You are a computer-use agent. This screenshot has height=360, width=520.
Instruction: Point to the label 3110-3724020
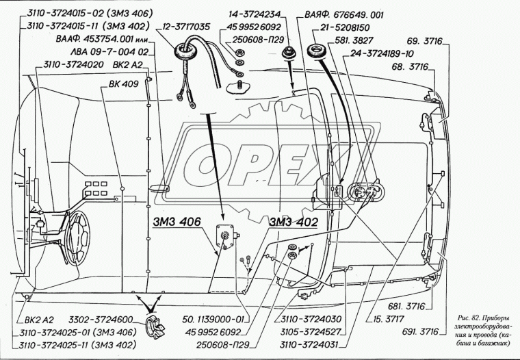tap(74, 64)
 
